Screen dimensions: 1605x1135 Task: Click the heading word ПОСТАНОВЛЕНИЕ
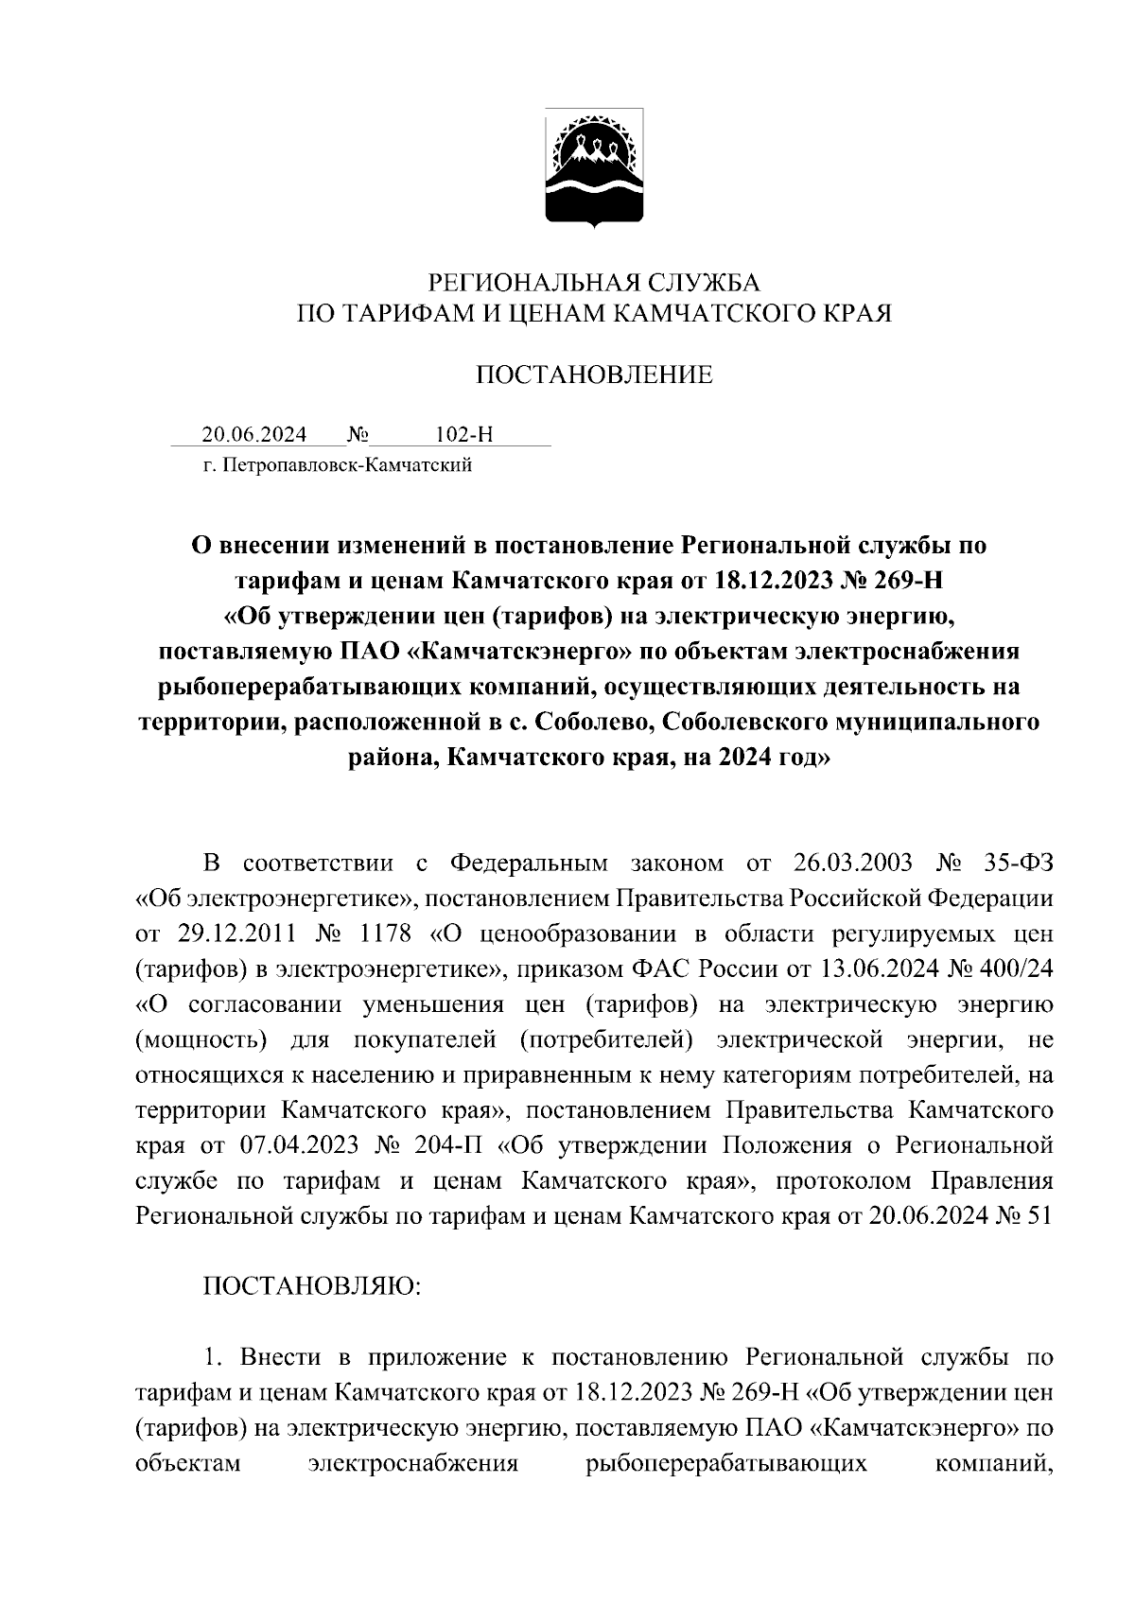pos(593,375)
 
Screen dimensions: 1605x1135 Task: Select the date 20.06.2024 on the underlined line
pos(254,435)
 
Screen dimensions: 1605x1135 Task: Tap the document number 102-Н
pos(463,435)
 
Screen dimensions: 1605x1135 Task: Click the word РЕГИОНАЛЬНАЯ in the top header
pos(503,283)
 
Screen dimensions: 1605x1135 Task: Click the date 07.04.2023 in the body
pos(300,1145)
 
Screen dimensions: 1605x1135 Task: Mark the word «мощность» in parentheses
pos(200,1040)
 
